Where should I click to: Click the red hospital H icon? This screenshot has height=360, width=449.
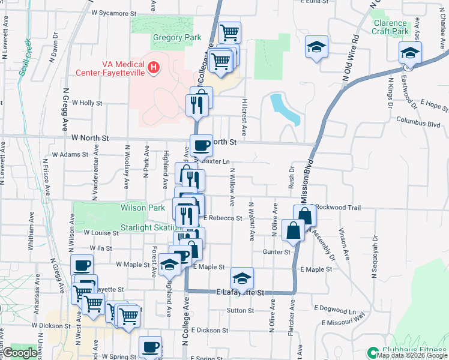point(154,66)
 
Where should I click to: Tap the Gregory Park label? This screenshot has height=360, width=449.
point(176,37)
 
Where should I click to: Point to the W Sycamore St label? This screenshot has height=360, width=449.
point(114,12)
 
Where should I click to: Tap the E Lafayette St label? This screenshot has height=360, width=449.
point(240,293)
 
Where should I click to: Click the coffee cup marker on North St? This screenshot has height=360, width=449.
point(201,145)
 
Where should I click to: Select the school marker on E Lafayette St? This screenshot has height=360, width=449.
point(242,278)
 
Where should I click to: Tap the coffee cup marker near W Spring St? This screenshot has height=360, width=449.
point(150,347)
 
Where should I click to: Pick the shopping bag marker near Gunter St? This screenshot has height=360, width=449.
point(293,231)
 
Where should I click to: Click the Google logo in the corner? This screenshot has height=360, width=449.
point(19,353)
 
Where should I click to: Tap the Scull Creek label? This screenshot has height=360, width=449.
point(25,57)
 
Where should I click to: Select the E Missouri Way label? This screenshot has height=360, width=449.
point(343,322)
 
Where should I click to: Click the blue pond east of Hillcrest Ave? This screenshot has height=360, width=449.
point(285,109)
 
